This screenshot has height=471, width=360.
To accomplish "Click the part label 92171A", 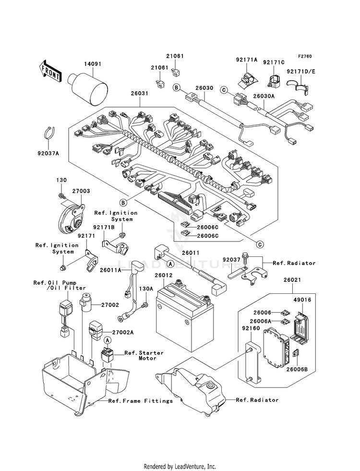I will pos(247,60).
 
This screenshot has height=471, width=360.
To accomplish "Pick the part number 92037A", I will pos(49,154).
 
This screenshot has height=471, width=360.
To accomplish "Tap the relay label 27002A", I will pos(123,332).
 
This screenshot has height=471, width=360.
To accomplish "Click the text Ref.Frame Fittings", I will pos(140,401).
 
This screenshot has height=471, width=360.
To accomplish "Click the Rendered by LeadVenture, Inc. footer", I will pos(180,466).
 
